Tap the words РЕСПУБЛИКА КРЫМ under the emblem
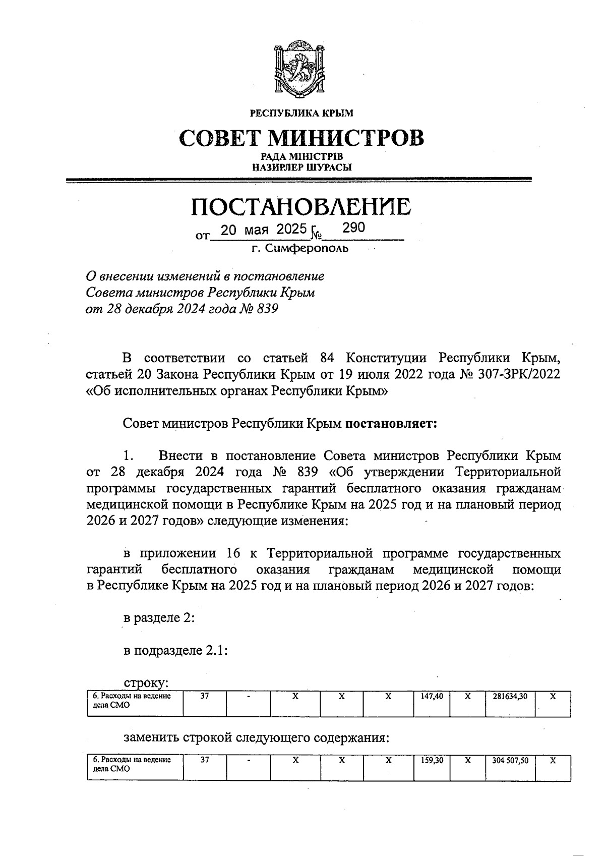pos(301,113)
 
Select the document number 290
pos(353,227)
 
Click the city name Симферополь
pos(300,248)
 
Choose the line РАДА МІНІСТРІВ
pos(301,157)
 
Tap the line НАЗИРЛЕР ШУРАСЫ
pos(301,167)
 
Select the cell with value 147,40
pos(432,696)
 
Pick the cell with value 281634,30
pos(509,696)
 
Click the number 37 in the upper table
pos(205,696)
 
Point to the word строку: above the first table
pos(146,683)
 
